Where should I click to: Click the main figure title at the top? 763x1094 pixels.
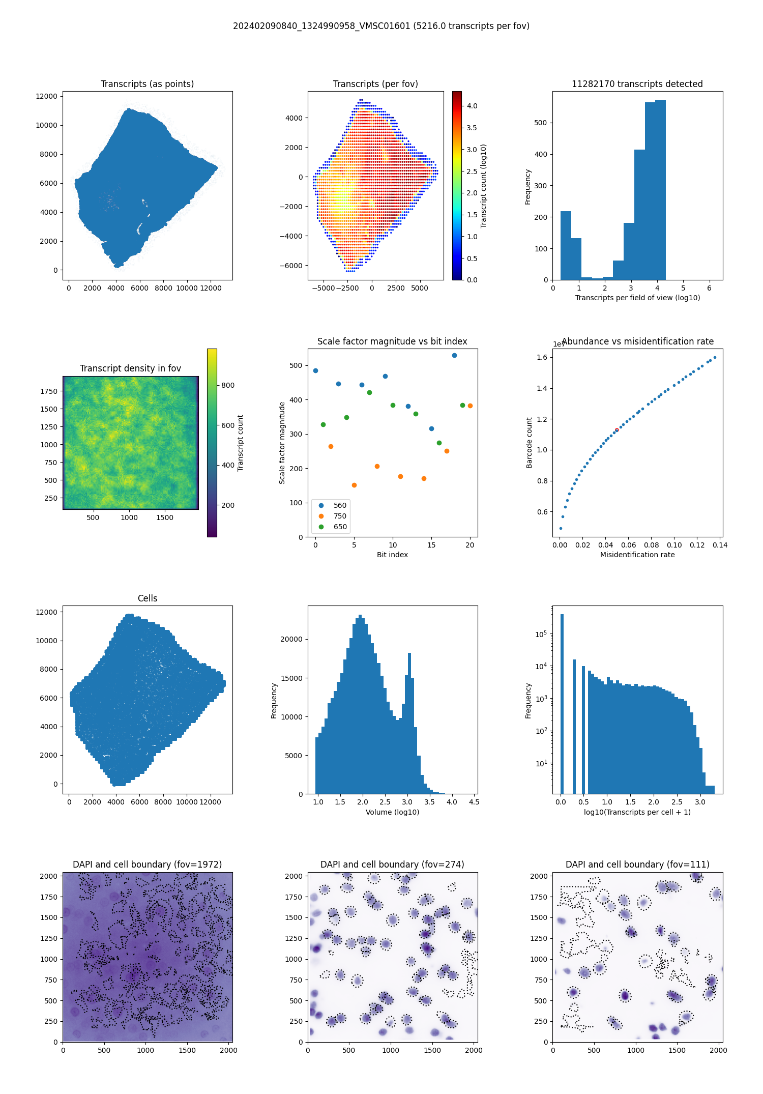pyautogui.click(x=381, y=26)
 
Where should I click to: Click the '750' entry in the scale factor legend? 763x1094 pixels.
pyautogui.click(x=340, y=516)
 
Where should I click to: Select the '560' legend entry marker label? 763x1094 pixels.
pyautogui.click(x=340, y=505)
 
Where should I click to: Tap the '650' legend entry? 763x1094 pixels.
pyautogui.click(x=340, y=527)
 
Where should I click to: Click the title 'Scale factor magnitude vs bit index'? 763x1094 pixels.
pyautogui.click(x=392, y=341)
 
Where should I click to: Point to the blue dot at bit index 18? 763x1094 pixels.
pyautogui.click(x=454, y=355)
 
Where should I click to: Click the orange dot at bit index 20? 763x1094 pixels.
pyautogui.click(x=470, y=406)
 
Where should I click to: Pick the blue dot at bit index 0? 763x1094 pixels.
pyautogui.click(x=315, y=370)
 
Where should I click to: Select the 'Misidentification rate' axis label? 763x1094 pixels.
pyautogui.click(x=637, y=555)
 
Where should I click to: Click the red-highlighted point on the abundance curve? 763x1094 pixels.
pyautogui.click(x=617, y=430)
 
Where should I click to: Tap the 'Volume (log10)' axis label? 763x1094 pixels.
pyautogui.click(x=392, y=812)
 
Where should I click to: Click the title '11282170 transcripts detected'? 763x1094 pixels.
pyautogui.click(x=637, y=84)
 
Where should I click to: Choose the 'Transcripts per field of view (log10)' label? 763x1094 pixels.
pyautogui.click(x=637, y=298)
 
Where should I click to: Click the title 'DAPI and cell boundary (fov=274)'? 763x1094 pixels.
pyautogui.click(x=392, y=865)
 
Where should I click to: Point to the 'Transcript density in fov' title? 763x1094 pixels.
pyautogui.click(x=130, y=368)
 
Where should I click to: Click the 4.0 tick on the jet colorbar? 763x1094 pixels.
pyautogui.click(x=472, y=106)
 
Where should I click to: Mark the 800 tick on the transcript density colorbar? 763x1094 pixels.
pyautogui.click(x=228, y=385)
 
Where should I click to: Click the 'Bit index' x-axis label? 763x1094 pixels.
pyautogui.click(x=392, y=555)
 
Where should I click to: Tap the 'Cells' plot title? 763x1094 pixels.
pyautogui.click(x=148, y=598)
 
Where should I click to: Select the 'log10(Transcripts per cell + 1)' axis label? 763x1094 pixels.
pyautogui.click(x=637, y=812)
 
